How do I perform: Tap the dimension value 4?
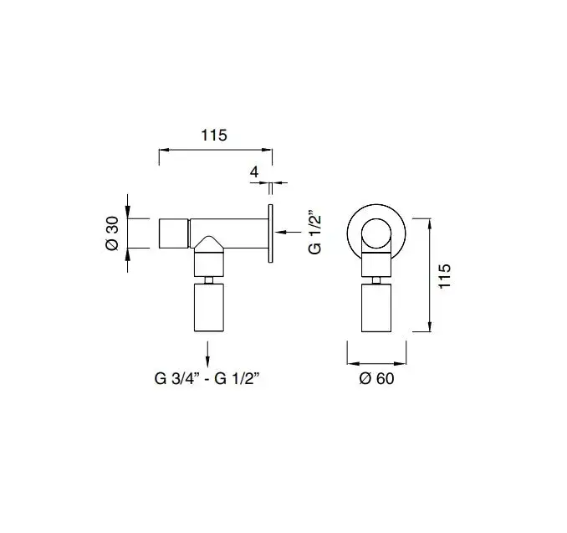coord(254,172)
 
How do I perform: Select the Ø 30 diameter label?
coord(112,233)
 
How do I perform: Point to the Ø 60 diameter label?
coord(376,378)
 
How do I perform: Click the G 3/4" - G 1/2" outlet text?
coord(207,379)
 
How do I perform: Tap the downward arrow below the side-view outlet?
coord(207,354)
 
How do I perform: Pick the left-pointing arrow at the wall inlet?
coord(289,232)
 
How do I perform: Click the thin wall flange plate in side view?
coord(270,233)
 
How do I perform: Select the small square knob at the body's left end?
coord(174,233)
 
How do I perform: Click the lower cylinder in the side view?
coord(209,308)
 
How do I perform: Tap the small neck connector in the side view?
coord(209,280)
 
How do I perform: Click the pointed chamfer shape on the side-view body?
coord(209,243)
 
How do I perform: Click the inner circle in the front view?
coord(376,233)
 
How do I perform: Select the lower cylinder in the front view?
coord(376,308)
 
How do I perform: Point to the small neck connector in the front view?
coord(376,280)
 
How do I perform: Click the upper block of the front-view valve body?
coord(376,264)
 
